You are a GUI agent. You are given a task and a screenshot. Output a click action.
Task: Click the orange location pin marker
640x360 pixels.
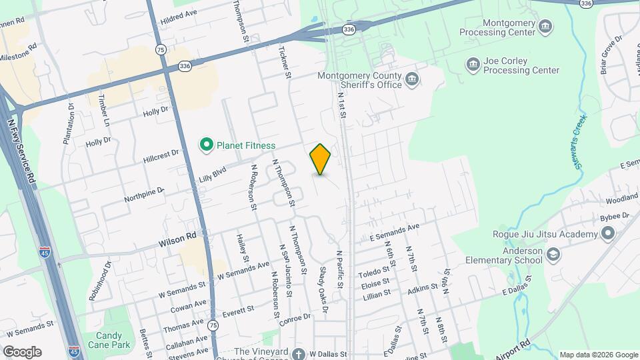[321, 159]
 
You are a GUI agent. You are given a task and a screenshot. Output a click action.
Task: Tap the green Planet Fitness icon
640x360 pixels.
[207, 144]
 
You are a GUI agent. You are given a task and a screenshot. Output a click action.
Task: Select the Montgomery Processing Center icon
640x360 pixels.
[546, 27]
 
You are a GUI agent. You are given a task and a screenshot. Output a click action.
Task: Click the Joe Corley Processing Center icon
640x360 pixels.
[473, 65]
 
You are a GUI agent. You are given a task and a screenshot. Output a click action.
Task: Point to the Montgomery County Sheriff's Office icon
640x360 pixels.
[413, 80]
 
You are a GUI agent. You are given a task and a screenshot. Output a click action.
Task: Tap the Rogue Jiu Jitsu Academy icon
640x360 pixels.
[607, 234]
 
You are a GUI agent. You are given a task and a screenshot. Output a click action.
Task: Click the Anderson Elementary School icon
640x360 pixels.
[553, 255]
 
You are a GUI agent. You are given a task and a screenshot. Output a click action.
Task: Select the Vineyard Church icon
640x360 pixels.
[299, 353]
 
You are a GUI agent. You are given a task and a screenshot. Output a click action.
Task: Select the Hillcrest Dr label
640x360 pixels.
[161, 157]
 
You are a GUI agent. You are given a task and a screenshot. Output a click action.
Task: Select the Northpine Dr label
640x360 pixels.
[143, 195]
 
